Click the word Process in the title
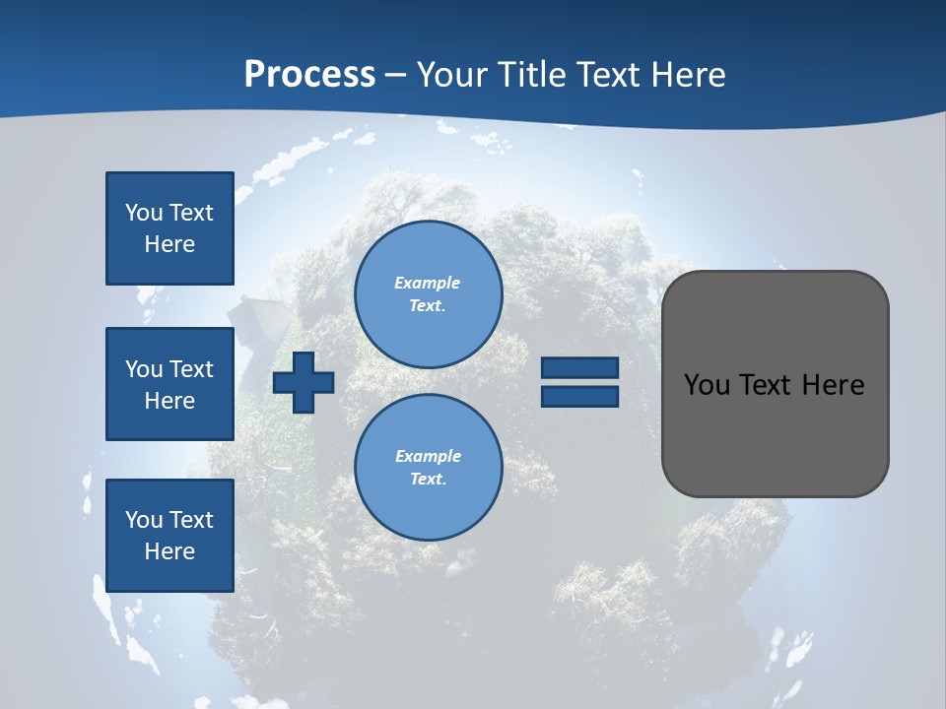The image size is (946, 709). click(x=309, y=75)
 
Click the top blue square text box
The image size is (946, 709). click(x=169, y=228)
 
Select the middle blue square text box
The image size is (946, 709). click(x=169, y=384)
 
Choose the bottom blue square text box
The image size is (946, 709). click(x=169, y=536)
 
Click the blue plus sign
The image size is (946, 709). click(x=304, y=382)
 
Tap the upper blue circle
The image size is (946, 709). click(x=429, y=294)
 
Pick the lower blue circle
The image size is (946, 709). click(x=429, y=468)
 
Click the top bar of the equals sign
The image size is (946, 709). click(x=579, y=368)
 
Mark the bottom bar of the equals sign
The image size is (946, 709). click(x=579, y=397)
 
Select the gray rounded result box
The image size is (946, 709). click(x=776, y=433)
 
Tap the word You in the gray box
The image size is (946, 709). click(x=707, y=385)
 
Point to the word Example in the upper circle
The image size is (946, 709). click(x=428, y=283)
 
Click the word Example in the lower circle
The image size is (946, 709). click(x=428, y=456)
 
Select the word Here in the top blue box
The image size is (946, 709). click(x=169, y=244)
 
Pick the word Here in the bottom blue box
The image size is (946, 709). click(x=169, y=551)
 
